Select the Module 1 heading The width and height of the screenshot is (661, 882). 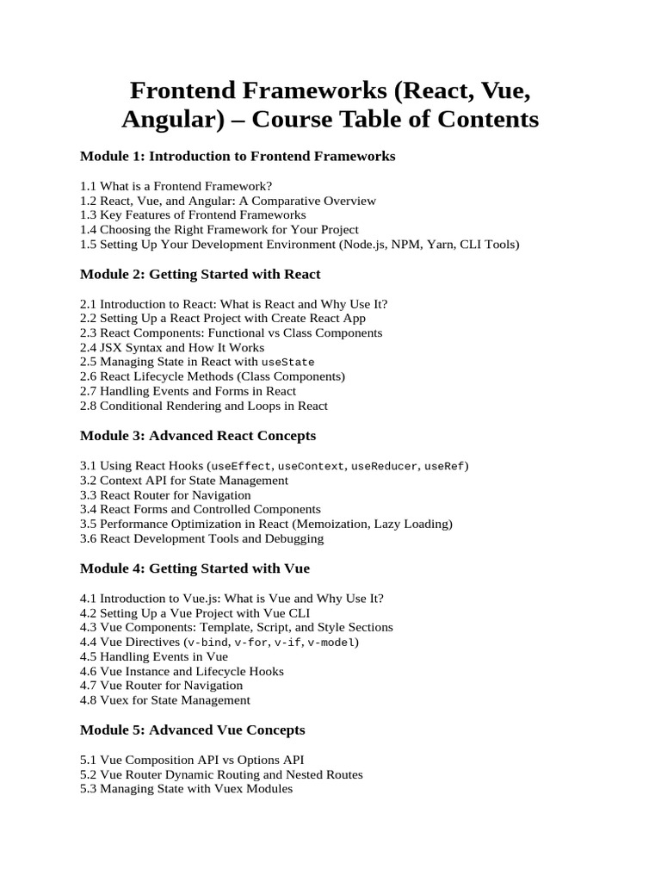click(238, 156)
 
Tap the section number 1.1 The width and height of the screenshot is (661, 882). click(88, 186)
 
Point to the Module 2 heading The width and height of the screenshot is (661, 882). click(200, 274)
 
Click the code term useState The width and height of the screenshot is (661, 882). click(288, 363)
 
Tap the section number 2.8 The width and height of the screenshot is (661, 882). click(88, 406)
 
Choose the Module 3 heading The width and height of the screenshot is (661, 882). click(198, 435)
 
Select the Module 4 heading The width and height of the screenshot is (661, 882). click(195, 568)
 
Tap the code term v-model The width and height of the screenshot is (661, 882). click(332, 643)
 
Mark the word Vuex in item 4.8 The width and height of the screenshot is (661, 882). click(114, 700)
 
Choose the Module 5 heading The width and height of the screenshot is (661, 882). click(192, 730)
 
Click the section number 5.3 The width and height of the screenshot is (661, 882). click(88, 789)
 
